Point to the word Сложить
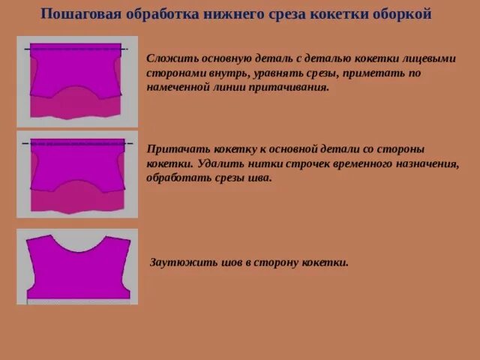coord(169,57)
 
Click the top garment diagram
coord(77,80)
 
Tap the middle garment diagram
coord(77,174)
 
